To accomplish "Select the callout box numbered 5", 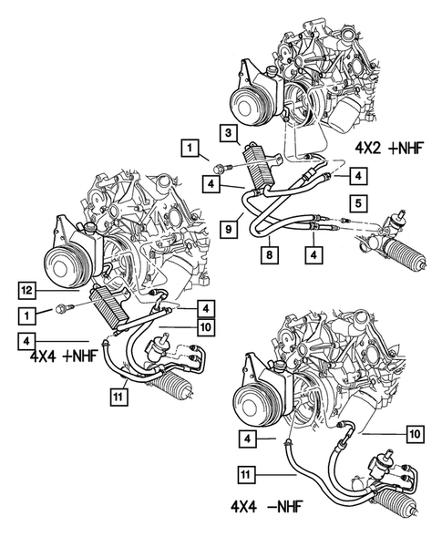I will click(360, 202).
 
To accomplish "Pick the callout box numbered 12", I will click(30, 290).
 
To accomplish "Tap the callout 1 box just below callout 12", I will click(30, 315).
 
